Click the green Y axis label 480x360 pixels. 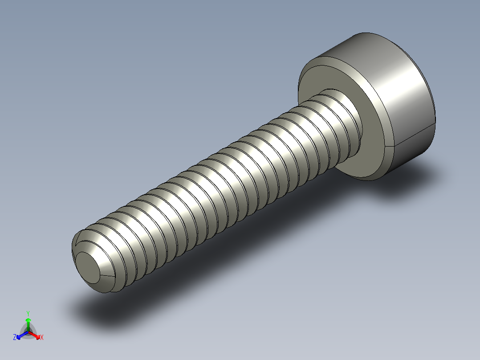click(x=28, y=313)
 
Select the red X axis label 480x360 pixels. click(x=42, y=338)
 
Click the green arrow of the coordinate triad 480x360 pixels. click(x=28, y=322)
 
